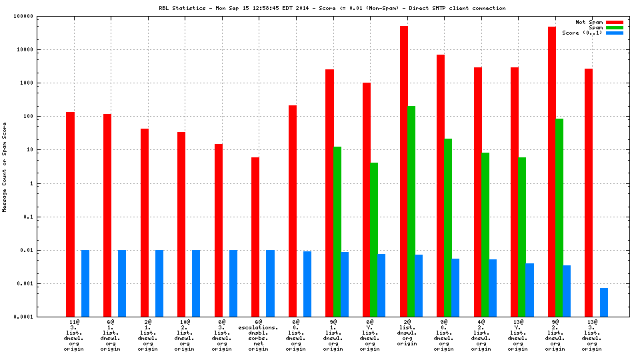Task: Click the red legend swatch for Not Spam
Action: (x=614, y=22)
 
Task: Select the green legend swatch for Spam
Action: (x=614, y=27)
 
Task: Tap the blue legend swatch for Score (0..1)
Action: (x=614, y=33)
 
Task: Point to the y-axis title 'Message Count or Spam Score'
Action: (x=5, y=167)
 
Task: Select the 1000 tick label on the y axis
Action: (x=36, y=83)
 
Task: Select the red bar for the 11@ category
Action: (x=70, y=214)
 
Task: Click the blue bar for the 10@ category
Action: (x=196, y=283)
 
